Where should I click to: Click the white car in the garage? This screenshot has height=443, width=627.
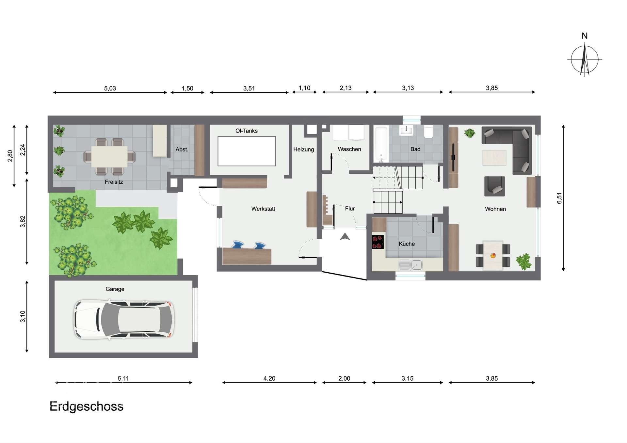pos(124,319)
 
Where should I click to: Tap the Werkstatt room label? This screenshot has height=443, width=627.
pos(263,209)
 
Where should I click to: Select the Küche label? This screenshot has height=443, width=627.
pos(407,244)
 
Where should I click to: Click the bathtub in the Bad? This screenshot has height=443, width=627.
pos(381,144)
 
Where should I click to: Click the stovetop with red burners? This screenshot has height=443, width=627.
pos(378,242)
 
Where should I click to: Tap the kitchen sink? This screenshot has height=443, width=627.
pos(410,265)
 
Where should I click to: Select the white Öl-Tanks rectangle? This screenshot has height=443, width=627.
pos(247,151)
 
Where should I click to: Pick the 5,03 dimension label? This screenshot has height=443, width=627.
pos(110,88)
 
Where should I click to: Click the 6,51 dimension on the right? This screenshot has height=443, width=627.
pos(559,198)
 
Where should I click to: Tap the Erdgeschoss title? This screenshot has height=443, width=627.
pos(87,407)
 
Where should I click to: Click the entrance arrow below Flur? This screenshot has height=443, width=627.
pos(345,236)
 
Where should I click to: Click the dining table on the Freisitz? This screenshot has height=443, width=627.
pos(109,157)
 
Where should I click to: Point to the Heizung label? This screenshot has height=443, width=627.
pos(303,150)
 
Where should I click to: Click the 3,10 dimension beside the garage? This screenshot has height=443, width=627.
pos(23,316)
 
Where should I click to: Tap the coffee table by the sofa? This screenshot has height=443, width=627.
pos(494,157)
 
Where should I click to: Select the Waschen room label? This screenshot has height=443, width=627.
pos(349,149)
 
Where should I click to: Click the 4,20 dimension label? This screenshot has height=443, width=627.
pos(269,379)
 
